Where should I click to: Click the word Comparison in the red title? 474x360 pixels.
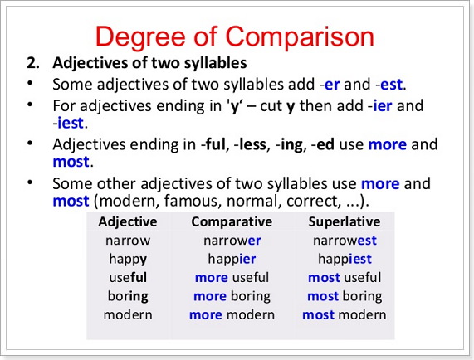click(x=300, y=37)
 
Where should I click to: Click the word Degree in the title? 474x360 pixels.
click(x=140, y=37)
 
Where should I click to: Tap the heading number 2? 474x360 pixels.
click(x=33, y=63)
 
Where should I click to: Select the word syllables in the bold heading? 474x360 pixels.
click(x=216, y=63)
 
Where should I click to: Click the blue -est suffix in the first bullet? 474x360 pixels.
click(x=389, y=85)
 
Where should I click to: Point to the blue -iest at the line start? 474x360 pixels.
click(x=68, y=123)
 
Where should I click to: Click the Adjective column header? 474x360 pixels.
click(x=128, y=222)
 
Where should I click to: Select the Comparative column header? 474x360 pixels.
click(x=232, y=222)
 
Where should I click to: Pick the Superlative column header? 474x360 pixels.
click(x=345, y=222)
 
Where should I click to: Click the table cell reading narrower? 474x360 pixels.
click(x=232, y=241)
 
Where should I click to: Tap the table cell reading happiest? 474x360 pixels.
click(x=345, y=259)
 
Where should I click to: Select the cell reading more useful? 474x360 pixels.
click(x=232, y=278)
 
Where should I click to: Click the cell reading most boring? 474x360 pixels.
click(x=345, y=297)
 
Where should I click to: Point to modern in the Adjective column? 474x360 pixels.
click(x=128, y=314)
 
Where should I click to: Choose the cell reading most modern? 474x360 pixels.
click(x=345, y=314)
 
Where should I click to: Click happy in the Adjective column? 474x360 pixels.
click(x=128, y=260)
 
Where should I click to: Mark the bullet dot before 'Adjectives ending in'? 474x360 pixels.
click(x=30, y=144)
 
